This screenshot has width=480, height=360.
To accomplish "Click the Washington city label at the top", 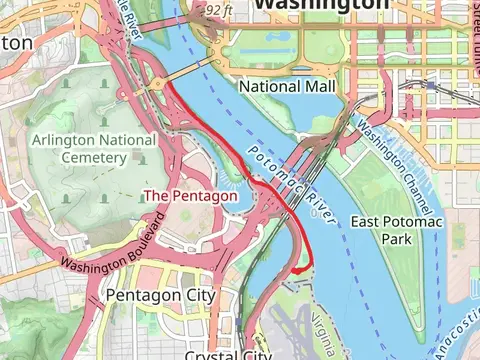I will pos(321,5).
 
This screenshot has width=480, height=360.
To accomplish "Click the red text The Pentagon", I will pos(191,196).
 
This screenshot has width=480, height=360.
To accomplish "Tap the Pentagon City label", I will pos(160,296).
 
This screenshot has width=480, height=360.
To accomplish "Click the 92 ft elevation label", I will pos(217,10).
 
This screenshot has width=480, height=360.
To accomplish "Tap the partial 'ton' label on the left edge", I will pos(17,43).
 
